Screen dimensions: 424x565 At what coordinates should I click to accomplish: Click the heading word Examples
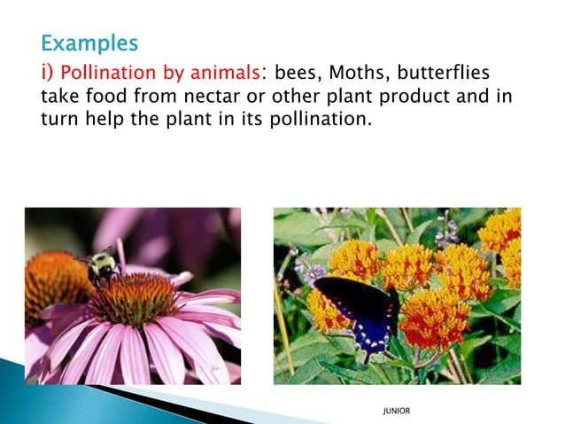point(89,42)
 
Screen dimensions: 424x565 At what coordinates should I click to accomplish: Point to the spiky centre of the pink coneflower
point(133,298)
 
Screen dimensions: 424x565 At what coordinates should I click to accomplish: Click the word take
point(61,96)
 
